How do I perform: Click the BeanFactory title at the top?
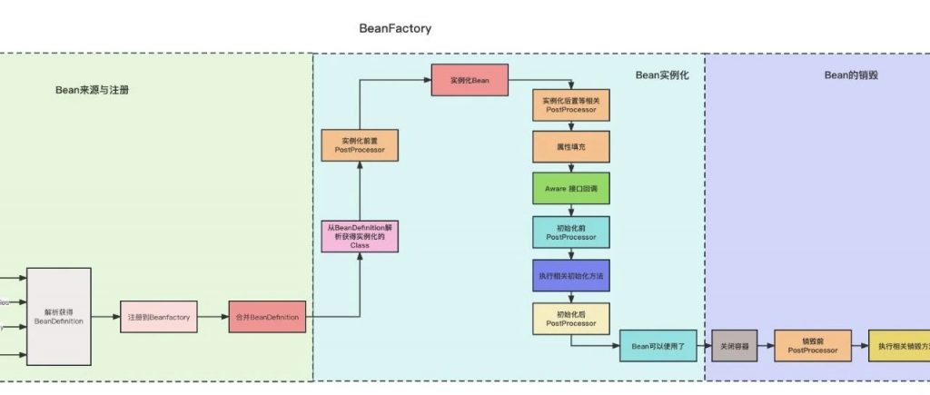(x=395, y=28)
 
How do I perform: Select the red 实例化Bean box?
(x=470, y=80)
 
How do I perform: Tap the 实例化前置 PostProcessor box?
(x=359, y=145)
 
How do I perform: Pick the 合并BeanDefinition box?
(x=267, y=316)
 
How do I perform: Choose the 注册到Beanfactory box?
(x=157, y=316)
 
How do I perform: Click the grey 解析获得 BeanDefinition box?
(x=59, y=316)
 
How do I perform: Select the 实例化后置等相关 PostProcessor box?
(x=570, y=104)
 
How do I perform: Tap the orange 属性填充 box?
(x=570, y=146)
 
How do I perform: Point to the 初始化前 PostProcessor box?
(x=570, y=232)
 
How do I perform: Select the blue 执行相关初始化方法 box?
(x=570, y=274)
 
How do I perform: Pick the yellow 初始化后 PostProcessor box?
(x=570, y=318)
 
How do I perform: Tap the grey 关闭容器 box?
(x=734, y=346)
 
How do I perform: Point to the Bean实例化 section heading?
(x=661, y=75)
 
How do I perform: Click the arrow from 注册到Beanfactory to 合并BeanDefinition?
(x=213, y=316)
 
